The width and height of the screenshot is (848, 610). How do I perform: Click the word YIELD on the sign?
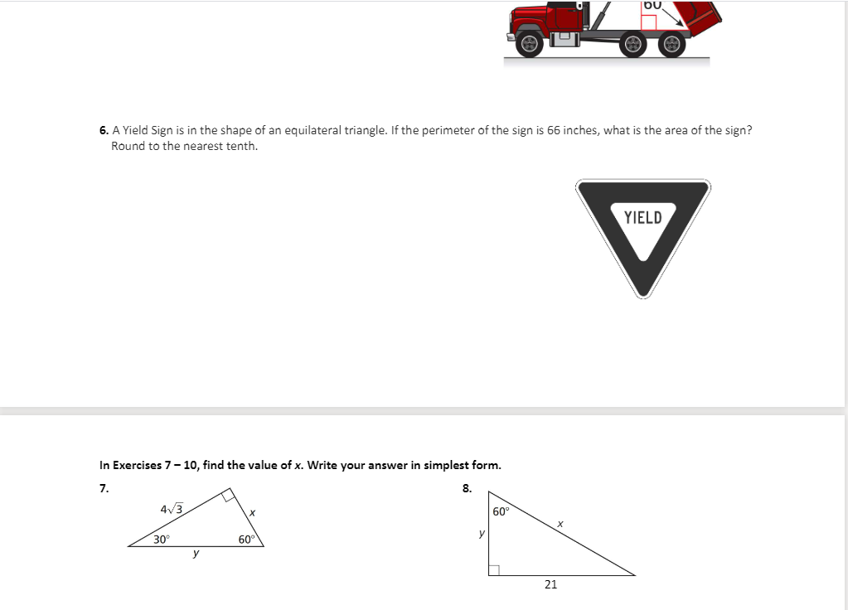(x=643, y=218)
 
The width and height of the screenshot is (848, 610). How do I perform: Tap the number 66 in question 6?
(x=554, y=130)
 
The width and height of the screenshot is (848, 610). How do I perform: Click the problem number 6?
(x=104, y=130)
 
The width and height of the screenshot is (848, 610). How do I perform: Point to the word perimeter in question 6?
(x=449, y=130)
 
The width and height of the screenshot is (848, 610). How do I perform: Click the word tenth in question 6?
(x=242, y=146)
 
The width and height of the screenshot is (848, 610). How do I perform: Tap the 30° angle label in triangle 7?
(x=162, y=540)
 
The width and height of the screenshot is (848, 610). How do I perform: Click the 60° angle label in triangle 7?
(x=246, y=540)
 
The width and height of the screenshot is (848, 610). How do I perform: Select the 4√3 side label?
(x=172, y=509)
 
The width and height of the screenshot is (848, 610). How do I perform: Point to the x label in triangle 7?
(x=251, y=515)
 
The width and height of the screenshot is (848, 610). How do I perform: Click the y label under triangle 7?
(x=196, y=554)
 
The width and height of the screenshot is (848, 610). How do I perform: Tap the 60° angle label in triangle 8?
(x=502, y=511)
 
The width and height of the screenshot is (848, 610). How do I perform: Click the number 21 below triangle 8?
(x=550, y=584)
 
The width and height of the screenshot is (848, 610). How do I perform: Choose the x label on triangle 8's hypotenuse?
(x=560, y=523)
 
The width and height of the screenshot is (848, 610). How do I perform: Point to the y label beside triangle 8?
(x=481, y=534)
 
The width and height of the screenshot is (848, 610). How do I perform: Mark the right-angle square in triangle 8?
(x=493, y=569)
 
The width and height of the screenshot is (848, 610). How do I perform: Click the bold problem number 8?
(x=467, y=488)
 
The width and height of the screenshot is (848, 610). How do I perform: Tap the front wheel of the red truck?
(x=531, y=44)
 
